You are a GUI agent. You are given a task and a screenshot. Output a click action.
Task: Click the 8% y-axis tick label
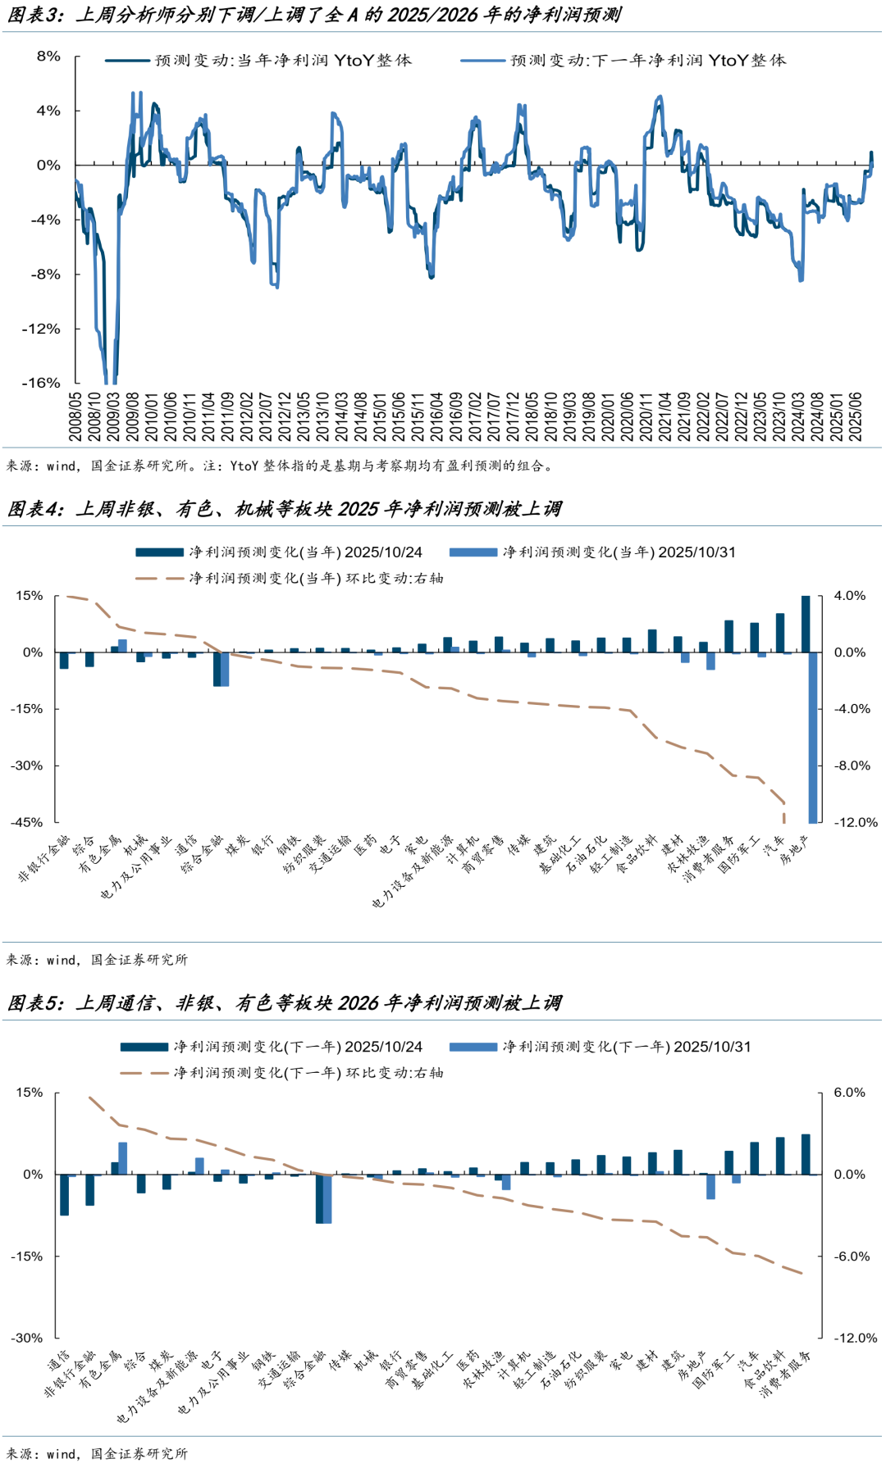click(48, 57)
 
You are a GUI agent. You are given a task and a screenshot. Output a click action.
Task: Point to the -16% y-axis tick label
click(41, 383)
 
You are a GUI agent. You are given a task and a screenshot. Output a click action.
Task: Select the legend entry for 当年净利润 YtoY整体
click(283, 61)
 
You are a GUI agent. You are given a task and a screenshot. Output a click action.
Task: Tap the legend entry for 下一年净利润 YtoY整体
click(647, 61)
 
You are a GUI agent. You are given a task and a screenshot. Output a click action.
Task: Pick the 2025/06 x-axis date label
click(856, 416)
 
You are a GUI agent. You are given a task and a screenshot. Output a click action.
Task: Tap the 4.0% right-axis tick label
click(849, 596)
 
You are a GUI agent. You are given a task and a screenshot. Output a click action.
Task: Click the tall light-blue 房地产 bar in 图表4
click(813, 737)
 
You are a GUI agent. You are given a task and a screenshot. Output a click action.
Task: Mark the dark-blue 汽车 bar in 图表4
click(780, 633)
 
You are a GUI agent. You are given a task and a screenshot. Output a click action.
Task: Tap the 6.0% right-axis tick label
click(849, 1093)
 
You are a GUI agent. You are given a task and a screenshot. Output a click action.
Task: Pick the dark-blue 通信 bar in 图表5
click(64, 1194)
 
